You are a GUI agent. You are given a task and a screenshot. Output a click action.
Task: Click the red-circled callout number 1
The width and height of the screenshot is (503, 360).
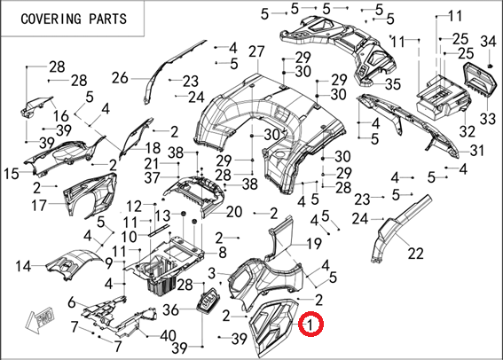pos(310,325)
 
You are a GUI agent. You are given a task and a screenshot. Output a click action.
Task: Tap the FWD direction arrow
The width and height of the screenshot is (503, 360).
pos(41,318)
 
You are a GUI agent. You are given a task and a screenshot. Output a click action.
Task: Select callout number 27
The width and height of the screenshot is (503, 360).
pos(256,51)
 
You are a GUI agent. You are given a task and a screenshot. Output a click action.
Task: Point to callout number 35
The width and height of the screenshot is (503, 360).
pos(393,84)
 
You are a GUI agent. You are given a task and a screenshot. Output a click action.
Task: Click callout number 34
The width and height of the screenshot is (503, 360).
pos(488,42)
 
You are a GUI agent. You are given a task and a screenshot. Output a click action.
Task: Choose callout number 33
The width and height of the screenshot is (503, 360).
pos(488,119)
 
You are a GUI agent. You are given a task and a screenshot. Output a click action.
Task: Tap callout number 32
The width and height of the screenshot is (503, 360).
pos(467,131)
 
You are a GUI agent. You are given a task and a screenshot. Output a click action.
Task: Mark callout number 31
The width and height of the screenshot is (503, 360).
pos(476,150)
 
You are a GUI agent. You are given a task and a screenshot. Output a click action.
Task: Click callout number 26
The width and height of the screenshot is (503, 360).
pos(120,78)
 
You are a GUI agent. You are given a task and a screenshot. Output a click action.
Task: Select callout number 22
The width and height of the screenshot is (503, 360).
pos(416,254)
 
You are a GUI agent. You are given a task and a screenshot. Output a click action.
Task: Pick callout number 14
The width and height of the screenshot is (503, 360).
pos(23,266)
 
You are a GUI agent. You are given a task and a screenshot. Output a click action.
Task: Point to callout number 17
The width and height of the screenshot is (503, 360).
pos(39,205)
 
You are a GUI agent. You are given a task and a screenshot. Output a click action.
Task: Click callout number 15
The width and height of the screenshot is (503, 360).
pos(12,174)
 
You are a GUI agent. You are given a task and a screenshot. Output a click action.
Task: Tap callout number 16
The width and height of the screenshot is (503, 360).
pos(61,116)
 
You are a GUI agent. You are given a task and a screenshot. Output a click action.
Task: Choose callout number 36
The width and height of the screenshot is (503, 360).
pos(170,310)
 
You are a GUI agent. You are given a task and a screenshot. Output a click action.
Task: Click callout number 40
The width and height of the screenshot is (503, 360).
pos(168,336)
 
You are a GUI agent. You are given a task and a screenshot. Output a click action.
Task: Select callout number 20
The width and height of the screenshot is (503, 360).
pos(234,212)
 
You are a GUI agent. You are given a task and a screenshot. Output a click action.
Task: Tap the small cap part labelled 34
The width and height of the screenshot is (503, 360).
pos(490,66)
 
